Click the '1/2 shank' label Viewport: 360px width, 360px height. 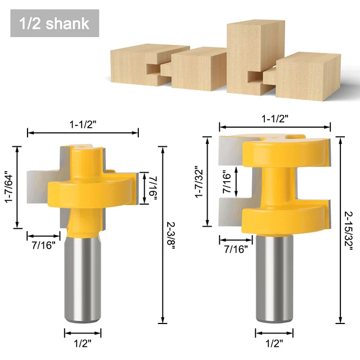(54, 23)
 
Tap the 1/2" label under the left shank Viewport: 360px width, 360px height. (82, 342)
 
